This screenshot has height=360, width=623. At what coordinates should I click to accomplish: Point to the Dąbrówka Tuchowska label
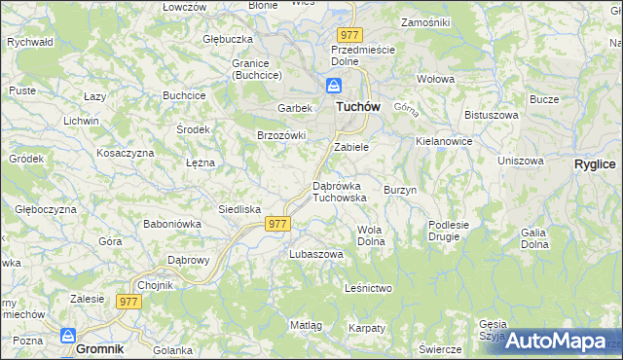click(339, 191)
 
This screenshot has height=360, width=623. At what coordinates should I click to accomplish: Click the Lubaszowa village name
click(316, 254)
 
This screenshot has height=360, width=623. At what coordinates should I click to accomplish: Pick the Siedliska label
click(238, 209)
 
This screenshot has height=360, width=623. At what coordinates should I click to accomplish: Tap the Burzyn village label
click(400, 190)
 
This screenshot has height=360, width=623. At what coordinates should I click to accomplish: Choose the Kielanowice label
click(443, 141)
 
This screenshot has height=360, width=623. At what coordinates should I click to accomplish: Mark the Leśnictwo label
click(369, 288)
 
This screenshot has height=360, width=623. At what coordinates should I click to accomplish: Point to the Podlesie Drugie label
click(449, 231)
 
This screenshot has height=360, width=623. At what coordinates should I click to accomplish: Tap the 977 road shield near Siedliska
click(277, 224)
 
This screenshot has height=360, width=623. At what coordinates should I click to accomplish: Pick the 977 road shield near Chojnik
click(129, 302)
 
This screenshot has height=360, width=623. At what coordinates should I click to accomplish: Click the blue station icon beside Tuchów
click(334, 85)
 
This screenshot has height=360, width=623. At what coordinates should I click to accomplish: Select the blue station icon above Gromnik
click(68, 335)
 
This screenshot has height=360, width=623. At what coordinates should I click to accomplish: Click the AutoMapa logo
click(556, 342)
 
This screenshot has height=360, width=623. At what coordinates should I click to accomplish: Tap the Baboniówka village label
click(172, 223)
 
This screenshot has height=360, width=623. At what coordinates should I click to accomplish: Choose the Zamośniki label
click(424, 20)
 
